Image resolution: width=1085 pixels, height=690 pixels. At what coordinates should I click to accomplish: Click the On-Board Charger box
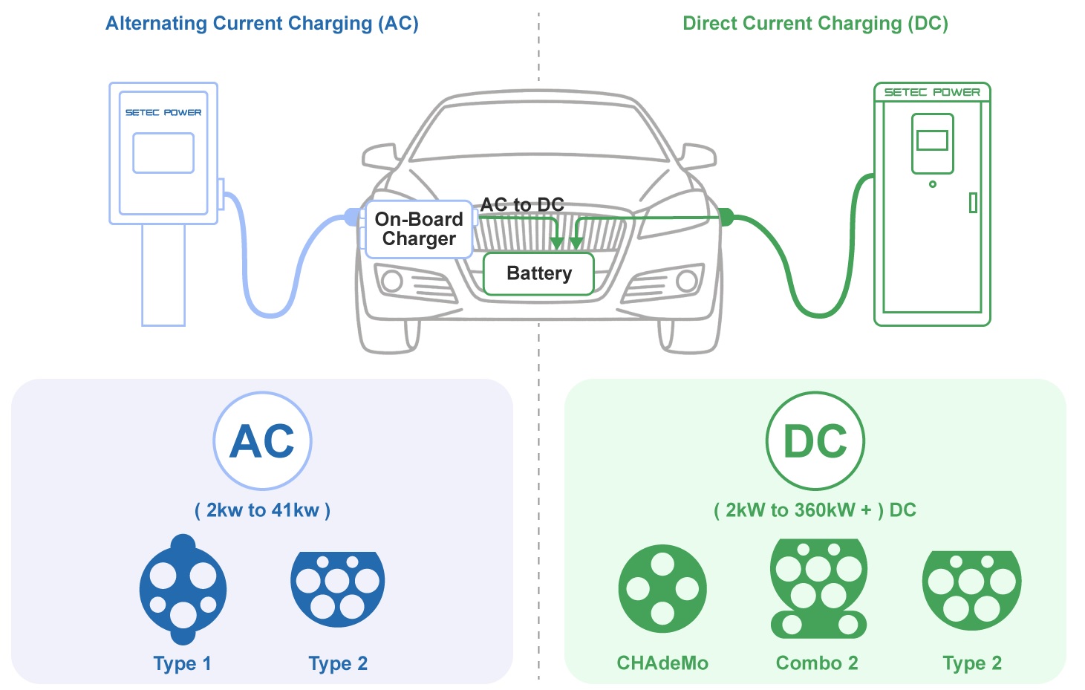[x=419, y=230]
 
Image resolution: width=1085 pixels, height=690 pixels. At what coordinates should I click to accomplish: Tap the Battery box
[x=538, y=274]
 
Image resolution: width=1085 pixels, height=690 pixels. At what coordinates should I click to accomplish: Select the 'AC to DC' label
[x=522, y=204]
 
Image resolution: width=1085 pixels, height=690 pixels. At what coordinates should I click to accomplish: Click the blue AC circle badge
[x=263, y=441]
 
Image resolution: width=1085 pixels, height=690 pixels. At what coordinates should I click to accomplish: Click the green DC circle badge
[x=815, y=441]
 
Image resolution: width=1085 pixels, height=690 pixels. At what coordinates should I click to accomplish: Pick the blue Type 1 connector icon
[x=183, y=590]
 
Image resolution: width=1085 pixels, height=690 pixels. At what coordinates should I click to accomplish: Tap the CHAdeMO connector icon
[x=662, y=589]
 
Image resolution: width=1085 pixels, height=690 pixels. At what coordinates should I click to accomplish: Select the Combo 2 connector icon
[x=818, y=589]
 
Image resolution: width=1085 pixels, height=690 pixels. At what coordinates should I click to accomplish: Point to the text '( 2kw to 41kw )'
[x=263, y=510]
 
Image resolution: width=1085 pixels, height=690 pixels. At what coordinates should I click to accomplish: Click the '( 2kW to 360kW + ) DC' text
[x=815, y=510]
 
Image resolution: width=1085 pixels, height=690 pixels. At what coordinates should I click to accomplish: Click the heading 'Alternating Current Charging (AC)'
[x=262, y=23]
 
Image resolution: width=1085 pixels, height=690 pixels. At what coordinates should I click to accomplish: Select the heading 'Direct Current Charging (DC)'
[x=815, y=23]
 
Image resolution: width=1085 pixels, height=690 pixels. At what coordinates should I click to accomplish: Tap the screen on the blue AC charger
[x=163, y=153]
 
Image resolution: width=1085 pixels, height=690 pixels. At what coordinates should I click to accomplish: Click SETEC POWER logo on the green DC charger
[x=932, y=92]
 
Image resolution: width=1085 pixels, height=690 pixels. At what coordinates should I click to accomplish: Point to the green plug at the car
[x=726, y=217]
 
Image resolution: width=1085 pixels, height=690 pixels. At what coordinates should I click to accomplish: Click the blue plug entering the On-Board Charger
[x=353, y=217]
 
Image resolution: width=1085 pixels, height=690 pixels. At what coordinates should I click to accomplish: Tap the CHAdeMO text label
[x=662, y=663]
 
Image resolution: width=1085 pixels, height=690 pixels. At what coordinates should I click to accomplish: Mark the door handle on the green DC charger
[x=973, y=203]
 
